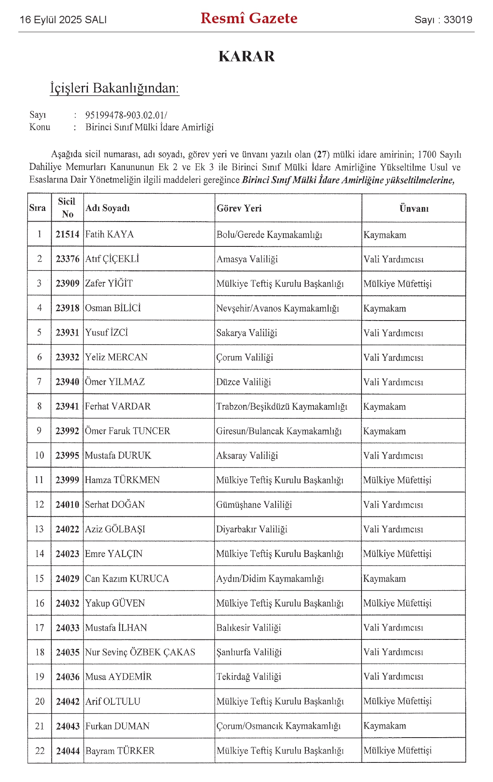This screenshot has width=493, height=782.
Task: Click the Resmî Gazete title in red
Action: point(249,18)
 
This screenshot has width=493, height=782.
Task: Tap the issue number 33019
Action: point(458,20)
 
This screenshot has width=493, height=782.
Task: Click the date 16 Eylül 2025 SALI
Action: point(63,20)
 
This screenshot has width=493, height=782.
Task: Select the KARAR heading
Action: point(246,56)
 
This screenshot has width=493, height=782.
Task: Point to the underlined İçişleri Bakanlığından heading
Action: point(114,88)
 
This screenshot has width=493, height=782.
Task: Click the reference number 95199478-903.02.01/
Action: point(126,115)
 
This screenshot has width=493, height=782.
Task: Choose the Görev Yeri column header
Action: point(239,208)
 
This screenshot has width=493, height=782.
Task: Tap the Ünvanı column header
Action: point(414,208)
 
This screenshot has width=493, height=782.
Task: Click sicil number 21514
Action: point(68,234)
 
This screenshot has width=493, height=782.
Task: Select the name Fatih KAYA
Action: point(109,234)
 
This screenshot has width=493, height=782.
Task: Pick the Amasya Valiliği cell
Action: point(247,259)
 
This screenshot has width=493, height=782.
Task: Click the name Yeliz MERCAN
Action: point(116,357)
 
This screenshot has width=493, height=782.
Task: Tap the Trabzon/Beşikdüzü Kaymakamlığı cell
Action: point(282,406)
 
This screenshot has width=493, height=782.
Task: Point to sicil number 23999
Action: point(67,480)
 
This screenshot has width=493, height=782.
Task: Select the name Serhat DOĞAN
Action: point(115,505)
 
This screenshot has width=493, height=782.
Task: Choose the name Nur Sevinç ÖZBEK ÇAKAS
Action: point(140,652)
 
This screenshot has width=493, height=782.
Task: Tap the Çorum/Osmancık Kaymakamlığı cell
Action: point(278,726)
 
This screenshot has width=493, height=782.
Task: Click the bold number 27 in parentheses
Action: point(322,154)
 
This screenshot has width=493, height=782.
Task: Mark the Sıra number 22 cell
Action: point(39,751)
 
